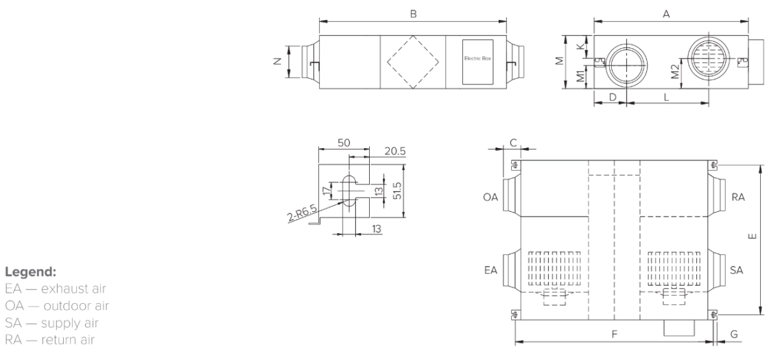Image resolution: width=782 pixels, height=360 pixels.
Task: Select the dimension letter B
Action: pyautogui.click(x=412, y=12)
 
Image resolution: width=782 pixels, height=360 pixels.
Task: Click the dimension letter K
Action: pyautogui.click(x=581, y=46)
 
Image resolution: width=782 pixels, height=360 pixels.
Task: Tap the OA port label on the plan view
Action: pyautogui.click(x=490, y=197)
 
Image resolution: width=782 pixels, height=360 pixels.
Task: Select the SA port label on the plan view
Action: pyautogui.click(x=737, y=270)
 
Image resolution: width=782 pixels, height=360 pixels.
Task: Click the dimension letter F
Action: pyautogui.click(x=615, y=333)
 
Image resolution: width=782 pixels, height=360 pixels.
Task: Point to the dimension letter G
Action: pyautogui.click(x=734, y=334)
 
